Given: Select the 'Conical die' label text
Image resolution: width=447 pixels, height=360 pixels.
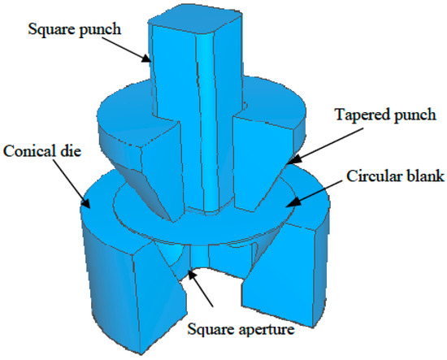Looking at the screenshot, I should tap(41, 151).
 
